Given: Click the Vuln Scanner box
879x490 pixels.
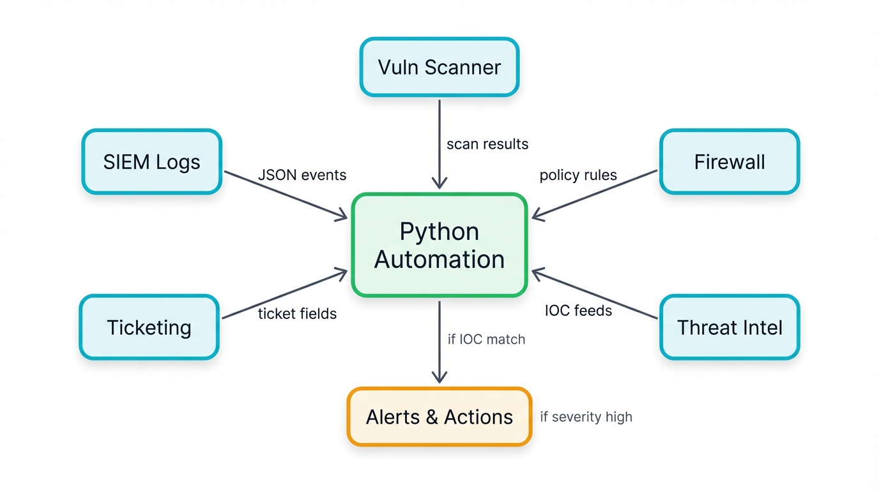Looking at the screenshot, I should point(439,67).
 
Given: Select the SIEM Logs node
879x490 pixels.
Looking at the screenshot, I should point(151,161).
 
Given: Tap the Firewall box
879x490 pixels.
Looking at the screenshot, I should point(730,161).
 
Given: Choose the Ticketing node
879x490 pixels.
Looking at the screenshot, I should point(149,327).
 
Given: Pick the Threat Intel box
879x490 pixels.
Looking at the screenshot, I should point(730,327).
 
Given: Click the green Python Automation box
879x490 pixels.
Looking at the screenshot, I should point(439,245).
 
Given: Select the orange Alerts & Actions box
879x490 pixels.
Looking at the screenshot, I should point(439,417).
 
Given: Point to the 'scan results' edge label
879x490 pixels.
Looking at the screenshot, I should point(487,144).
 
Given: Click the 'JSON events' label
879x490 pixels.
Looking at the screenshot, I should point(302,175).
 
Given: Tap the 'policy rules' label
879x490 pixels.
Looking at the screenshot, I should point(578,175).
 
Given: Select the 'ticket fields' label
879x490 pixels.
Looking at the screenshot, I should point(297,313).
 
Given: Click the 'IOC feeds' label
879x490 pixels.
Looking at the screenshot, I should point(578,311).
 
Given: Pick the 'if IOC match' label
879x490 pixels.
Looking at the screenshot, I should point(486,339).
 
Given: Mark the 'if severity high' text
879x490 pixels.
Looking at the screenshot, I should point(586,417).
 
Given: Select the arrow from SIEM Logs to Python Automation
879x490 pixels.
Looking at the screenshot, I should point(284,195).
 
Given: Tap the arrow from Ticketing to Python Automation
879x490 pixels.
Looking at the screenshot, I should point(284,294).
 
